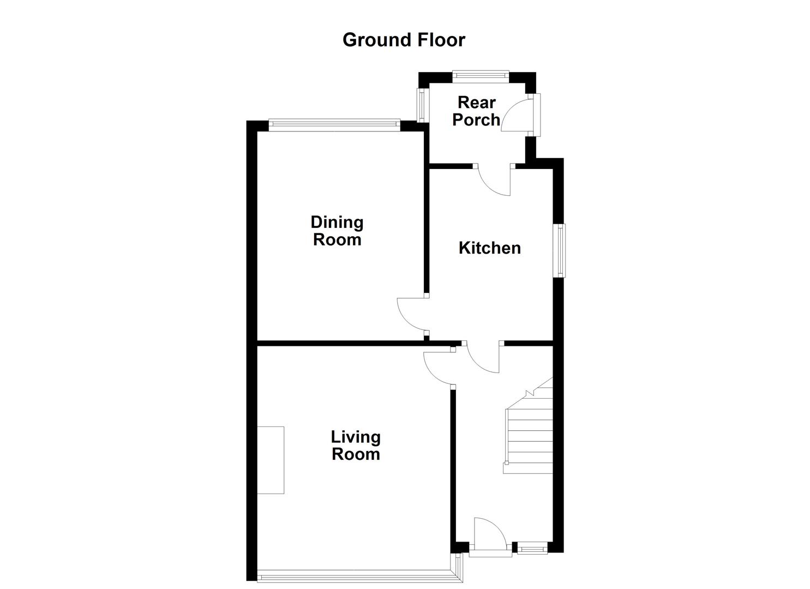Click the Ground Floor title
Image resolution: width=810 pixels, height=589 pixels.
404,40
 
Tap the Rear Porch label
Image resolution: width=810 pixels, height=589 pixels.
476,111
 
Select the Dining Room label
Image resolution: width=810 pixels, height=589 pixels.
337,231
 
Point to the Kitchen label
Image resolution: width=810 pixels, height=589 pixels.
489,248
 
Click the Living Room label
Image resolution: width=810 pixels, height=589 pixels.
356,446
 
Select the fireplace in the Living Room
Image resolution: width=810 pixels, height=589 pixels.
271,460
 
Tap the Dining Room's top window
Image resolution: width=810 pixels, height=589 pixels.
334,125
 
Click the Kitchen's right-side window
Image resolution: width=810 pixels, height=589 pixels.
560,251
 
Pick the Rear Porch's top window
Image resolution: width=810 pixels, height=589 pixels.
481,76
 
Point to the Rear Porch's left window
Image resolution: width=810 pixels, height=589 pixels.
421,105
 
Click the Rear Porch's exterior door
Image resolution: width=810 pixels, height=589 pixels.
518,113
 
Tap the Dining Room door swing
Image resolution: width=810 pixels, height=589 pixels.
412,314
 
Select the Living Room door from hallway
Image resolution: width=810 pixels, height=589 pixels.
439,368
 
